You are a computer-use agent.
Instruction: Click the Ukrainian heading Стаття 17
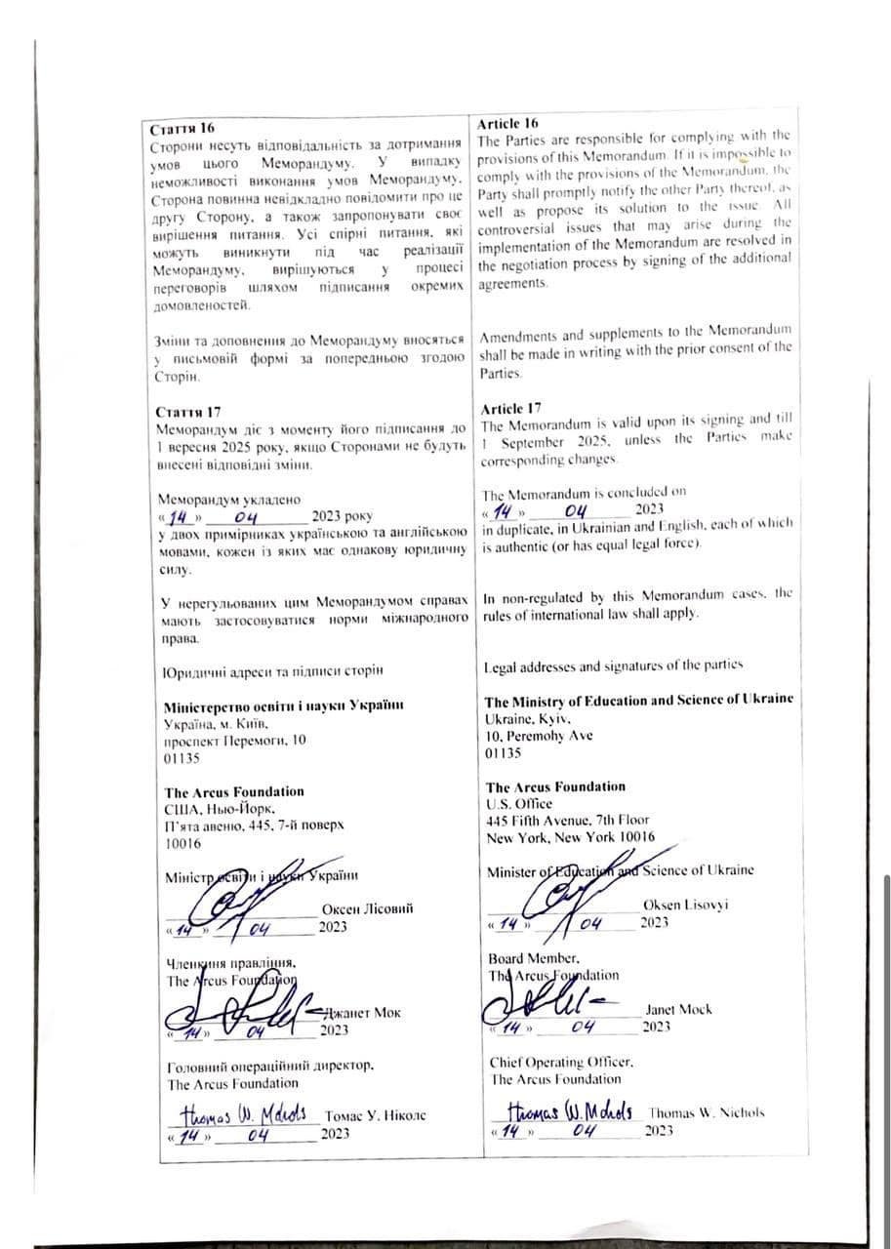pyautogui.click(x=188, y=413)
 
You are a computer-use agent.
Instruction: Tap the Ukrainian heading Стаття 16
pyautogui.click(x=182, y=129)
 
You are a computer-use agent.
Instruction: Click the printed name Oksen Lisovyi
pyautogui.click(x=685, y=906)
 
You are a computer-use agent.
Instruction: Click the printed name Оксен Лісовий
pyautogui.click(x=367, y=908)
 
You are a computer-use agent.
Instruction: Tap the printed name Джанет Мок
pyautogui.click(x=360, y=1013)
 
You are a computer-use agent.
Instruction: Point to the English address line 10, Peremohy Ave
pyautogui.click(x=539, y=736)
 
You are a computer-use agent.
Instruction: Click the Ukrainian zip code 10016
pyautogui.click(x=183, y=843)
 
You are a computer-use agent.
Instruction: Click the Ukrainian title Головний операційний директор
pyautogui.click(x=270, y=1066)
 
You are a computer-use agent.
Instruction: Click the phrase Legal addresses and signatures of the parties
pyautogui.click(x=613, y=665)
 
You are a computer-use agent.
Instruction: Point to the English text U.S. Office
pyautogui.click(x=518, y=803)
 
